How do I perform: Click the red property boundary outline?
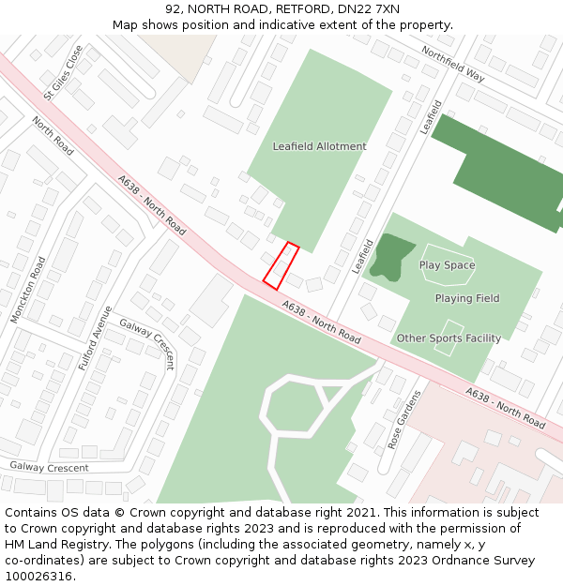(x=281, y=265)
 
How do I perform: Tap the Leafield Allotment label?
(x=319, y=146)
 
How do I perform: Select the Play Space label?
(x=447, y=265)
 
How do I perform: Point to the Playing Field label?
(x=466, y=298)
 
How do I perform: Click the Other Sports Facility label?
(x=449, y=338)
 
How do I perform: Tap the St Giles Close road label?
(x=63, y=72)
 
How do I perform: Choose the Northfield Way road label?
(x=452, y=64)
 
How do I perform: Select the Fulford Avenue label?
(x=95, y=338)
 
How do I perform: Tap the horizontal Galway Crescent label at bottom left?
(x=49, y=467)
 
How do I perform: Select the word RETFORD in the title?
(x=303, y=8)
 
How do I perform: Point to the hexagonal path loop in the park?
(x=293, y=408)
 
